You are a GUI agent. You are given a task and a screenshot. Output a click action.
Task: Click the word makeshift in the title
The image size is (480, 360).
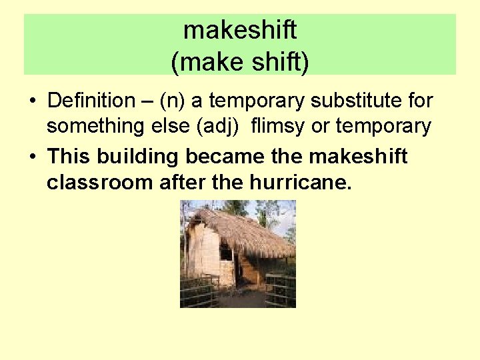240,30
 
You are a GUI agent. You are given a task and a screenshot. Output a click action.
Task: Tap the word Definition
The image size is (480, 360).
91,101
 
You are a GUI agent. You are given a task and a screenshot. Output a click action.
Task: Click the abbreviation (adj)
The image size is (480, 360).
216,126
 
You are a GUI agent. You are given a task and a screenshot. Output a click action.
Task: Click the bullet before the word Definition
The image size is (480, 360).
31,102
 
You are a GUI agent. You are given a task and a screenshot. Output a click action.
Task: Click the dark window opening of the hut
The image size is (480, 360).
226,254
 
